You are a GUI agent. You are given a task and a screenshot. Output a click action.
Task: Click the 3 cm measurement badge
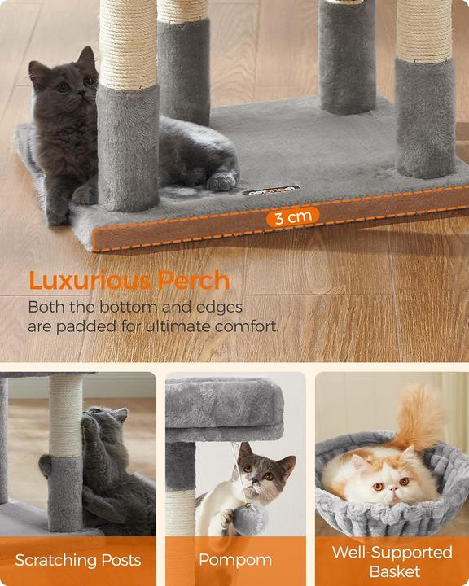[293, 216]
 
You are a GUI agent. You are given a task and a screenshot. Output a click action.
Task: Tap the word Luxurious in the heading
[90, 280]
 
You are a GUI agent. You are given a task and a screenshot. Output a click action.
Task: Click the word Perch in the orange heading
[193, 280]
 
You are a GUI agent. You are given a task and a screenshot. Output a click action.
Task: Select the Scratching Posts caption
[78, 560]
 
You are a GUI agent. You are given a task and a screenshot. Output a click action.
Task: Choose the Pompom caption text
[235, 560]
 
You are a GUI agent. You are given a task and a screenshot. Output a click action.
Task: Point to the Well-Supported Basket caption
[392, 562]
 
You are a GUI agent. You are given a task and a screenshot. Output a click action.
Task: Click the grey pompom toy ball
[251, 518]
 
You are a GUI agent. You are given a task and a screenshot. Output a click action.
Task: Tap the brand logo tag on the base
[271, 190]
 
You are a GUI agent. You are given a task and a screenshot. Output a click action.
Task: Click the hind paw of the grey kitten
[223, 181]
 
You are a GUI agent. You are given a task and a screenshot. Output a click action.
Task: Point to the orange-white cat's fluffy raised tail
[419, 418]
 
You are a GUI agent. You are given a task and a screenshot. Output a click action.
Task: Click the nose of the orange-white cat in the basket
[392, 489]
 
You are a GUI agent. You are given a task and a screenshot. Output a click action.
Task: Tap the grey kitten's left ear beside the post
[87, 59]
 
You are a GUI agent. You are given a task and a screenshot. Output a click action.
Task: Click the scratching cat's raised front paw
[89, 425]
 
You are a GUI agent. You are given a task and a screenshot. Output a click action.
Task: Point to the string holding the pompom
[239, 474]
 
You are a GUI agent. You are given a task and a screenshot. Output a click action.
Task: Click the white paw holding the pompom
[226, 518]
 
